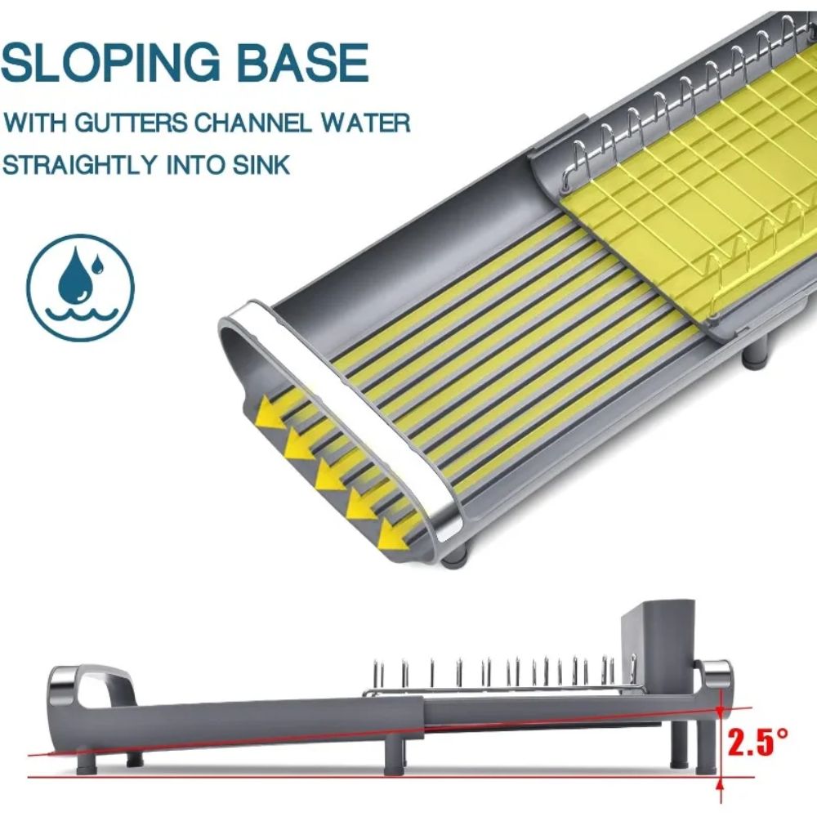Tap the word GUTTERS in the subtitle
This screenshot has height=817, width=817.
130,123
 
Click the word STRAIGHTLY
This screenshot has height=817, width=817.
80,165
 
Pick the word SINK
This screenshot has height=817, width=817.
261,165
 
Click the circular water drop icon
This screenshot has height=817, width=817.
81,287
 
